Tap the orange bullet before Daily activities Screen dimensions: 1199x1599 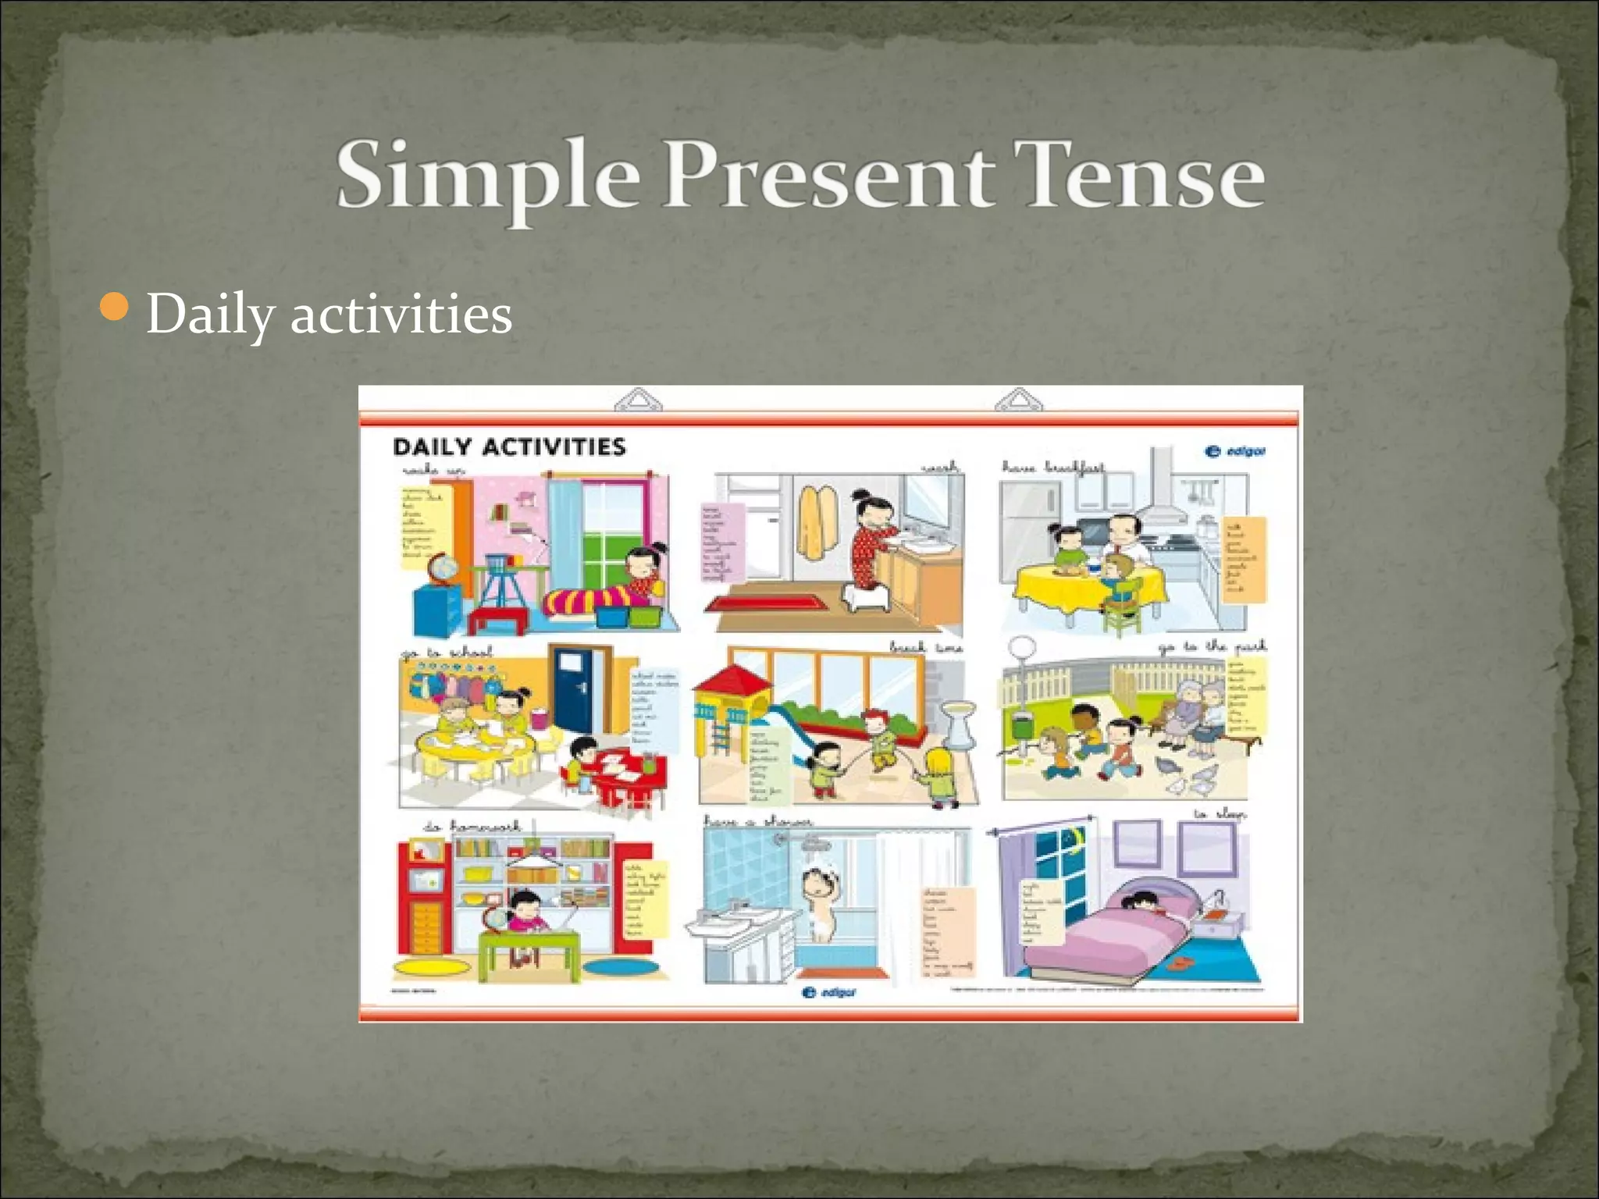point(115,308)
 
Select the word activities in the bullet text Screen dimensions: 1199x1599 point(401,315)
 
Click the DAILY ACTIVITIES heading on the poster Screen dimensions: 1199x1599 point(509,447)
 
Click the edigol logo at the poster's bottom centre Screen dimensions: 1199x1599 point(828,992)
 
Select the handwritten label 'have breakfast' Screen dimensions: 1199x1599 point(1053,468)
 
